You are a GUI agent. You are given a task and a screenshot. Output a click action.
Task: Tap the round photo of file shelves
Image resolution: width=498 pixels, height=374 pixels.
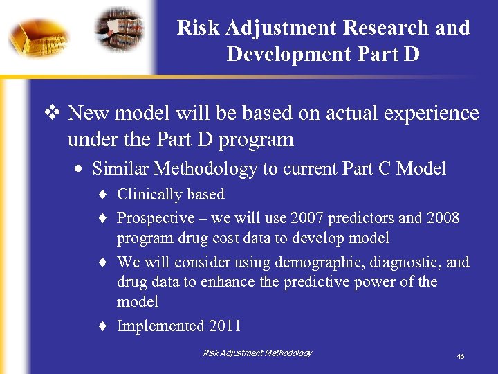[x=119, y=29]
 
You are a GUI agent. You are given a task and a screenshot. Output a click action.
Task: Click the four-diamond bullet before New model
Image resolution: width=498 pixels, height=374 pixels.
[x=55, y=113]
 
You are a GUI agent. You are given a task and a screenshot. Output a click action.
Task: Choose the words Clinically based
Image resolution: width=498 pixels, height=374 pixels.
[x=170, y=195]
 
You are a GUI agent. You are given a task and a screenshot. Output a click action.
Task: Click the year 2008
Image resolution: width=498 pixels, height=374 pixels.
[x=443, y=218]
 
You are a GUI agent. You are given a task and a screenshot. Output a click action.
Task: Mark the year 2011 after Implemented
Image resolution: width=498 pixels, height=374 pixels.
[x=226, y=326]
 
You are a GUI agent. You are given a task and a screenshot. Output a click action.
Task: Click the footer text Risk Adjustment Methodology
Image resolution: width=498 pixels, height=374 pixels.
[x=257, y=353]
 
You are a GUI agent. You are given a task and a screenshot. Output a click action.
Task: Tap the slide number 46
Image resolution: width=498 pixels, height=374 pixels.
[x=460, y=357]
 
